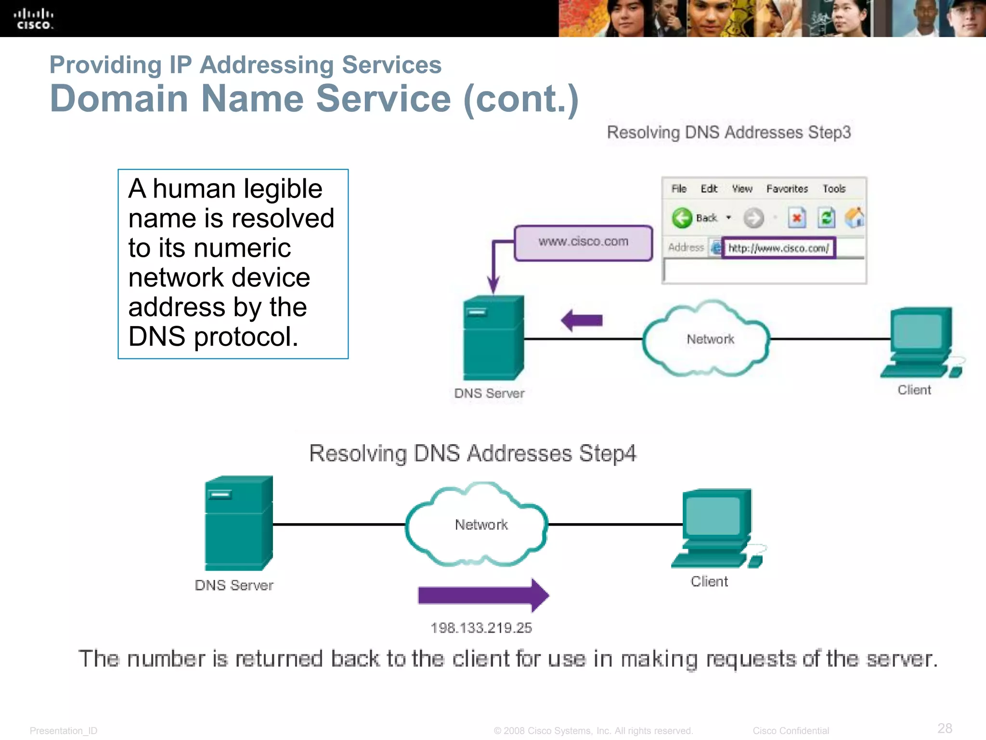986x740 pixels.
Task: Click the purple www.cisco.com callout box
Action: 583,242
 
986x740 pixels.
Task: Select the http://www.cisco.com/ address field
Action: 778,248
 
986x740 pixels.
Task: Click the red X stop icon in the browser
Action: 797,218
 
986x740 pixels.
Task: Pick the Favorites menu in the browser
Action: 787,189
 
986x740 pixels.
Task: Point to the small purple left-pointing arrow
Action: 582,320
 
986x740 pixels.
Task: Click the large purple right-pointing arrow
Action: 483,595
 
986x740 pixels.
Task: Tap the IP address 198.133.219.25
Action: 481,628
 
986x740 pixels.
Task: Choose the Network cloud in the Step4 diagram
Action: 477,524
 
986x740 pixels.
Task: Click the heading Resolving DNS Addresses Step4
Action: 472,453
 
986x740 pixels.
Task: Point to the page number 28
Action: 945,728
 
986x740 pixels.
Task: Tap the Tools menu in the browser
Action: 834,189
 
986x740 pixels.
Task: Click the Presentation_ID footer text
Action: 64,731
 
